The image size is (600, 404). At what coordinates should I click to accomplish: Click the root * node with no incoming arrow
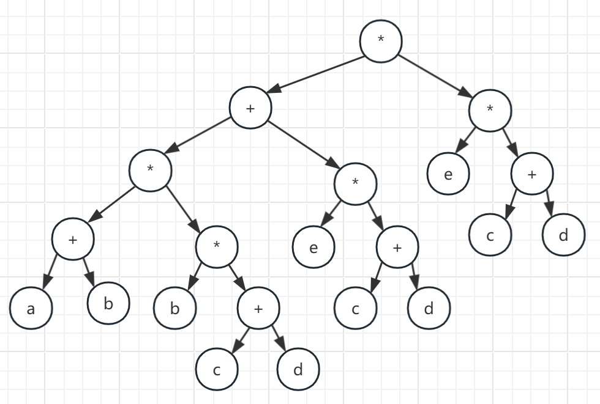pyautogui.click(x=381, y=40)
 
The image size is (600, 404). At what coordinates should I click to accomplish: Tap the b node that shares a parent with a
pyautogui.click(x=108, y=303)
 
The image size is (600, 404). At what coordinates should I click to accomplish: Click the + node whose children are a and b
pyautogui.click(x=73, y=240)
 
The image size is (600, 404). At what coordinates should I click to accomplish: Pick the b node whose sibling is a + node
pyautogui.click(x=174, y=309)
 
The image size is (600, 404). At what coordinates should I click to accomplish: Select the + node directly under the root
pyautogui.click(x=250, y=108)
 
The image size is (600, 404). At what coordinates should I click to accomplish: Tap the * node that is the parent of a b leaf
pyautogui.click(x=216, y=246)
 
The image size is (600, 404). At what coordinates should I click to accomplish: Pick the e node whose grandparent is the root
pyautogui.click(x=448, y=174)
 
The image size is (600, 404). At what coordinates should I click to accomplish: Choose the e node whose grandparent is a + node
pyautogui.click(x=313, y=248)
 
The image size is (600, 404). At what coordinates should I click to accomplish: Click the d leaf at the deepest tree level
pyautogui.click(x=298, y=370)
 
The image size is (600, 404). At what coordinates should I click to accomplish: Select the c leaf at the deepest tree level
pyautogui.click(x=217, y=370)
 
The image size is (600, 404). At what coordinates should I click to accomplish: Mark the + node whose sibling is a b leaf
pyautogui.click(x=258, y=309)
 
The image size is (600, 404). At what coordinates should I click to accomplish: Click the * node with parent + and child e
pyautogui.click(x=355, y=184)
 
